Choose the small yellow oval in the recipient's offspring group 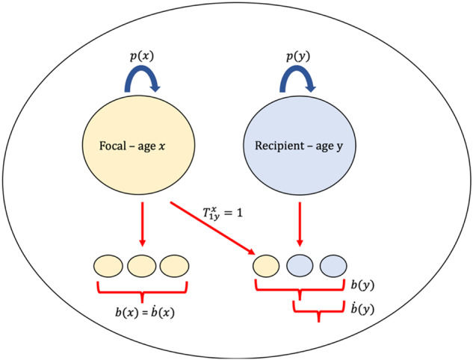pyautogui.click(x=267, y=266)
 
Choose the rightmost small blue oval pyautogui.click(x=333, y=266)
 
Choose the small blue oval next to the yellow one pyautogui.click(x=300, y=266)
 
